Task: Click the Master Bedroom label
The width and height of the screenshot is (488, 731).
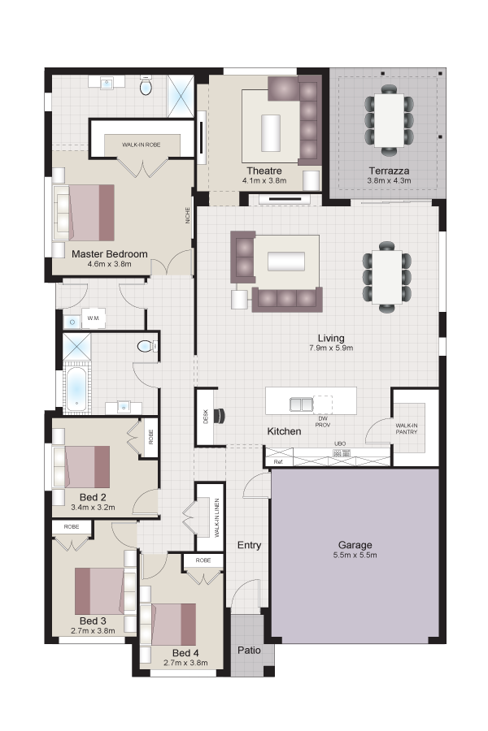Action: (x=109, y=254)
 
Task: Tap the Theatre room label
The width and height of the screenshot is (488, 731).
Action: (x=264, y=171)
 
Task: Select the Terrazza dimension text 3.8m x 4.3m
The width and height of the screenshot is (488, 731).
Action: (x=389, y=181)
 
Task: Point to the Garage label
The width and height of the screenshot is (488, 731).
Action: (x=355, y=544)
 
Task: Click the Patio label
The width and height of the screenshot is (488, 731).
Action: (x=249, y=650)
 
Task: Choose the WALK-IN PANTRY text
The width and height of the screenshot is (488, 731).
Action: (x=407, y=428)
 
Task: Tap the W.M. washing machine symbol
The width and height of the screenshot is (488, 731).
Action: (x=94, y=319)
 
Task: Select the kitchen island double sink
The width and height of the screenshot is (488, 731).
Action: (x=301, y=404)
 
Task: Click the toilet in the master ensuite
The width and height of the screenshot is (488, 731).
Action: (x=146, y=87)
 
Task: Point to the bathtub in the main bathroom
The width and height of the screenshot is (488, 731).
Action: (x=75, y=389)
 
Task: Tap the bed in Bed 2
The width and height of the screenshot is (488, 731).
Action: (x=82, y=467)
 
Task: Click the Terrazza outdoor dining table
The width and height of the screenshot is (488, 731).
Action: (x=389, y=120)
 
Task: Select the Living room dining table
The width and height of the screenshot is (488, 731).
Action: (x=387, y=277)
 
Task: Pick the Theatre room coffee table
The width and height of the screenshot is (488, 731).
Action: (x=271, y=132)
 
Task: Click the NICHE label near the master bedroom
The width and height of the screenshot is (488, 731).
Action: (x=188, y=215)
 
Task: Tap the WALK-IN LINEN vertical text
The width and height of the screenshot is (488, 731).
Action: (x=217, y=518)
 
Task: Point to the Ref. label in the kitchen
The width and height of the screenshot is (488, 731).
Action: (x=278, y=462)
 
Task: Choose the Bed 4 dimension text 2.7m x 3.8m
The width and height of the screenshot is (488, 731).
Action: (x=185, y=663)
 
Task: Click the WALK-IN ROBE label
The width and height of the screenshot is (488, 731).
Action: (x=141, y=145)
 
